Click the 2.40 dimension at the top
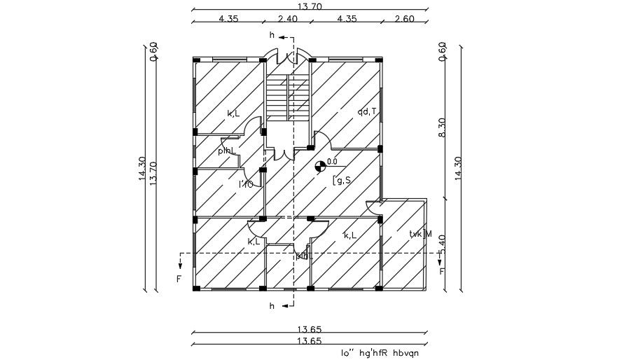(288, 19)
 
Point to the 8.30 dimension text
(442, 126)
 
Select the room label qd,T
(367, 111)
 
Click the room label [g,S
(341, 181)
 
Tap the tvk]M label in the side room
(420, 234)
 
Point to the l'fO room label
(246, 184)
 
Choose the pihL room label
(226, 151)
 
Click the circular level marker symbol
(320, 166)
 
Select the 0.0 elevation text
(332, 161)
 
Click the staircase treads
(287, 98)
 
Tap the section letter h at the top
(272, 35)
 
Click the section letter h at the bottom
(272, 306)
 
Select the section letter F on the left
(179, 278)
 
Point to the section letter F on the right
(441, 271)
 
